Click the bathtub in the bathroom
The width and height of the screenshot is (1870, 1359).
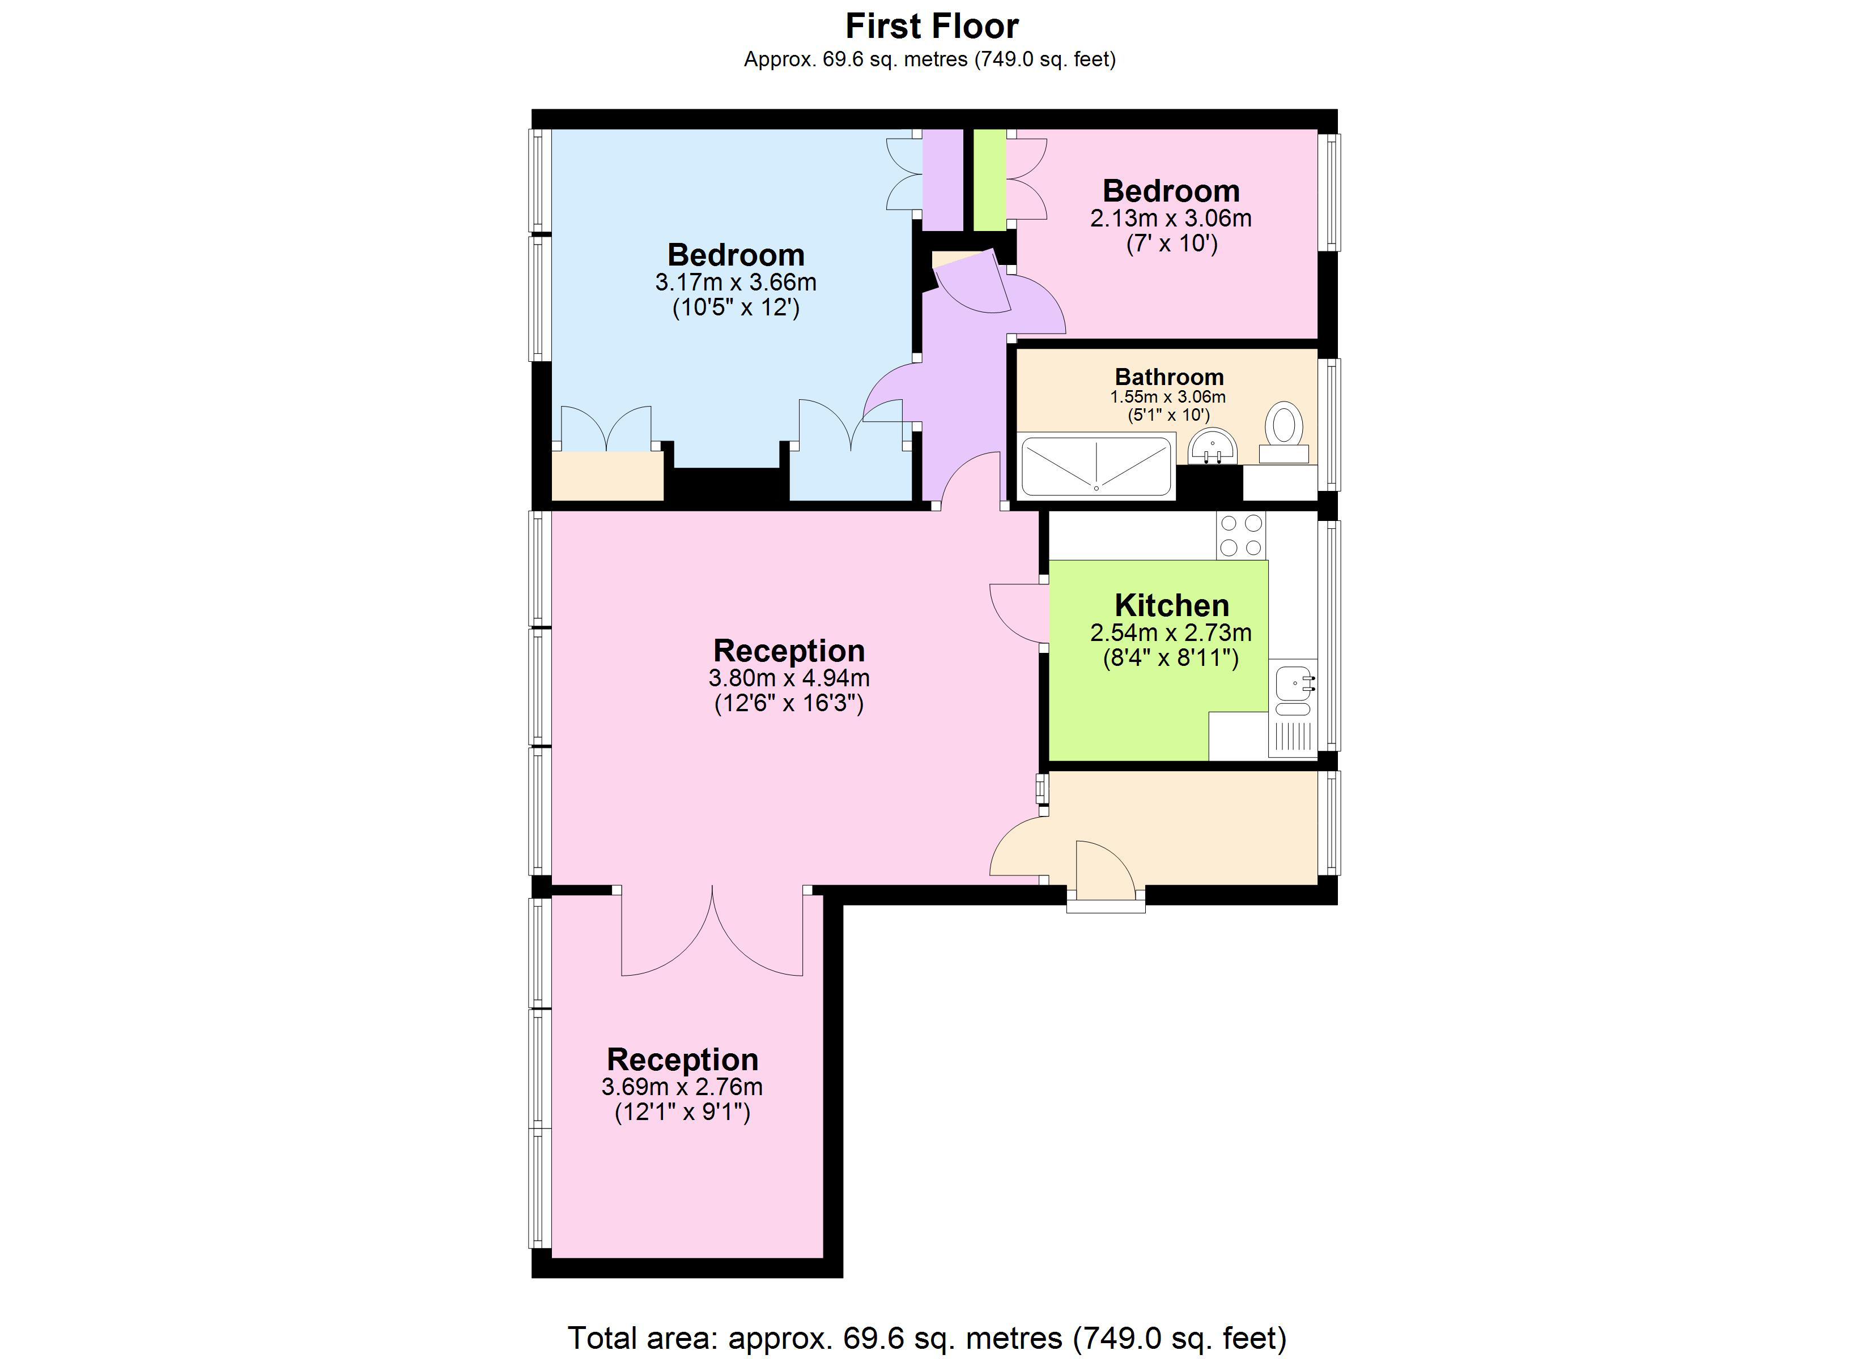pos(1096,467)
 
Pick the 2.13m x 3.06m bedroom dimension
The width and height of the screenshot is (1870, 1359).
pos(1170,219)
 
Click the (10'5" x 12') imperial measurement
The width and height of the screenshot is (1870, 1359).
pos(736,308)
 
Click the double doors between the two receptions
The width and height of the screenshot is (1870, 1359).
pos(712,932)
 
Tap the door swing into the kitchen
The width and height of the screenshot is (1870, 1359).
pos(1019,613)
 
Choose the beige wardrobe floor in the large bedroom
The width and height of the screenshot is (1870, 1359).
pos(607,476)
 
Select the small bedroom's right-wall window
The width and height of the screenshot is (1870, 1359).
pos(1328,192)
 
